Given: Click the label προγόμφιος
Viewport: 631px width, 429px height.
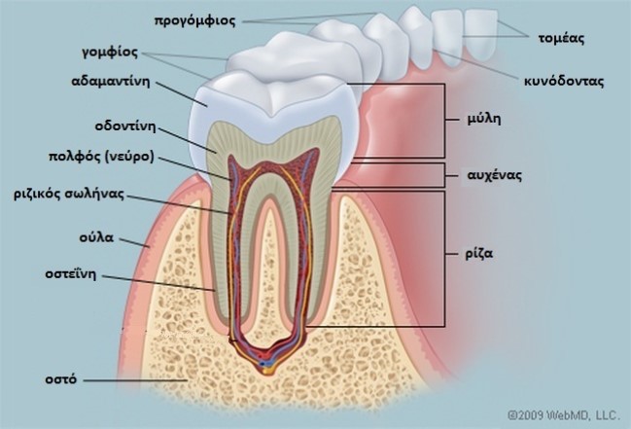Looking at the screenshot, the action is (x=195, y=21).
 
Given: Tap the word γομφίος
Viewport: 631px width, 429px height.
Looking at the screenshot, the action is (x=110, y=53).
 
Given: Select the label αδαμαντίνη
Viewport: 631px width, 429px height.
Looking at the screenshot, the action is (x=111, y=82).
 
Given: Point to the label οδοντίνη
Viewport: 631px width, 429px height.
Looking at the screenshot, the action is (x=125, y=125).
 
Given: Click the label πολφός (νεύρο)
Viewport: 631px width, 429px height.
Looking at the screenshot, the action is (x=101, y=157).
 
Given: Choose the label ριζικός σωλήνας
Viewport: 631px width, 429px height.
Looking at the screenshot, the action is (x=69, y=195).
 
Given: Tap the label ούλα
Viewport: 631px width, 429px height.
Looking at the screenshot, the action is (x=96, y=237).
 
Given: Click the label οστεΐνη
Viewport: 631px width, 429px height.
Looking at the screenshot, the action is (x=71, y=274).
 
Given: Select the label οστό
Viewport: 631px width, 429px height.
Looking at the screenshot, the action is (x=60, y=379).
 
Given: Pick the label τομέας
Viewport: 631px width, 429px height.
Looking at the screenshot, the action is (x=561, y=38).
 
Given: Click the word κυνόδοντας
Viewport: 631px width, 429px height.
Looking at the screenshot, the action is (x=564, y=82).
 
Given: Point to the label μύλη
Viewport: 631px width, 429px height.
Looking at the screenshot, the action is (x=484, y=120).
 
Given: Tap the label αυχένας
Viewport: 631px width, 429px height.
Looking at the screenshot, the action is (x=495, y=175).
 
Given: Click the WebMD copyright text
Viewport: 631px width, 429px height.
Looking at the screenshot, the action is (x=563, y=414).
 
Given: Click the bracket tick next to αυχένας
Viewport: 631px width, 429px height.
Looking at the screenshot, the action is (x=451, y=176).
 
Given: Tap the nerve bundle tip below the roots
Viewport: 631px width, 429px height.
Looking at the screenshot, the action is (x=265, y=369).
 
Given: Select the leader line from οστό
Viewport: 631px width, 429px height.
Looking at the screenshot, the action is (x=135, y=379).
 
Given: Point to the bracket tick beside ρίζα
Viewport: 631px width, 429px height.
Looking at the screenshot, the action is (x=451, y=254).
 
